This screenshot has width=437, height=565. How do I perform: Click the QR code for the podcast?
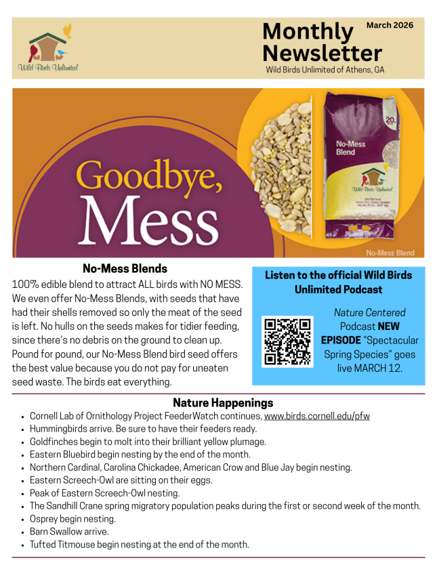point(287,341)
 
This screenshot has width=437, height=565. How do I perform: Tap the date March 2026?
point(390,25)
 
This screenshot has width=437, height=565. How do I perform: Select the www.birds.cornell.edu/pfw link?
point(317,416)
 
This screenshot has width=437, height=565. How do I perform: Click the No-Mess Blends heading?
point(125,268)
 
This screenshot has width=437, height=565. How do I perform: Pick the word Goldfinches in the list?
point(54,442)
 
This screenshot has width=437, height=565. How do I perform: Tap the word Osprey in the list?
point(44,519)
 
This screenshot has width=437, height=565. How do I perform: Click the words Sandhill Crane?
point(77,506)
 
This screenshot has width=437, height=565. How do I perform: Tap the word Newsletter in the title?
point(322,53)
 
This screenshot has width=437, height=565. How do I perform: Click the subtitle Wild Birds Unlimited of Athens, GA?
point(319,70)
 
